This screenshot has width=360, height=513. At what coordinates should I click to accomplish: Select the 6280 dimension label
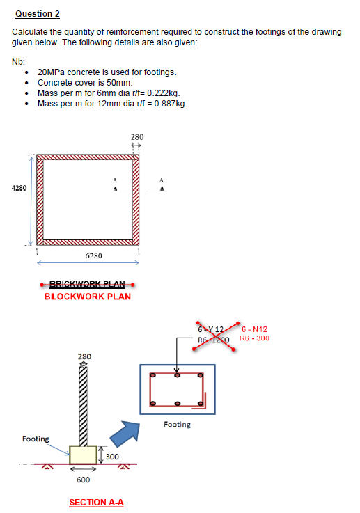click(x=94, y=255)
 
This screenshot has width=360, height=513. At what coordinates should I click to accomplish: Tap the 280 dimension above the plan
click(x=137, y=137)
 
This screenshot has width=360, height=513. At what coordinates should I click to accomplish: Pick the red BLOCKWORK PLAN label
click(x=87, y=297)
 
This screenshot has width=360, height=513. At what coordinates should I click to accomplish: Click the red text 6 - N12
click(x=254, y=329)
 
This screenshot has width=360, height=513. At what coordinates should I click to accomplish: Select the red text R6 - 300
click(x=254, y=339)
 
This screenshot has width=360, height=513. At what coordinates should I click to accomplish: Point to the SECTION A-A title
click(x=96, y=502)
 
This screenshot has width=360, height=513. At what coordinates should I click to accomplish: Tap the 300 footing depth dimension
click(x=112, y=456)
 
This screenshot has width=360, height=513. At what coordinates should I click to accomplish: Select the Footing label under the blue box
click(x=176, y=424)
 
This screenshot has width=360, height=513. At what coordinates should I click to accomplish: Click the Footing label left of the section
click(x=36, y=439)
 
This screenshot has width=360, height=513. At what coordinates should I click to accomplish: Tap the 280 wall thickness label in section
click(x=83, y=356)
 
